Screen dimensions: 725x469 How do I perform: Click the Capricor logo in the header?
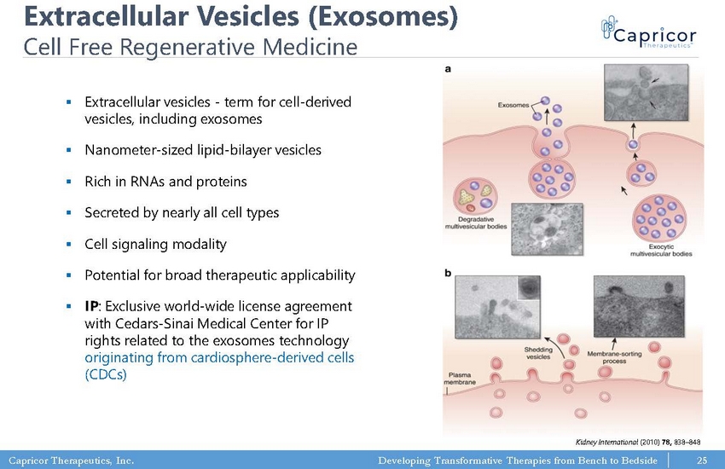click(648, 32)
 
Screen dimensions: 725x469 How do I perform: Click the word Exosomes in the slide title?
click(383, 16)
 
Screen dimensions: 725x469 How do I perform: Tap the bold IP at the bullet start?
click(91, 306)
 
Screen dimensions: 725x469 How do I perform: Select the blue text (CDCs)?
click(106, 374)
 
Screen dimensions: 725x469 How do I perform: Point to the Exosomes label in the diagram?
click(513, 105)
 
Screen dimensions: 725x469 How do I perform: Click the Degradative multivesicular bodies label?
click(476, 223)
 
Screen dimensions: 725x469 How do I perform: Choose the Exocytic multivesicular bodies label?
click(661, 250)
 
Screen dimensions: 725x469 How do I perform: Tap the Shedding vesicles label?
click(538, 353)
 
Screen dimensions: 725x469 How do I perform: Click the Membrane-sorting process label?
click(614, 357)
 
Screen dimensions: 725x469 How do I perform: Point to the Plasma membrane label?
click(460, 379)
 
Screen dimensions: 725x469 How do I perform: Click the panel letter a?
click(448, 69)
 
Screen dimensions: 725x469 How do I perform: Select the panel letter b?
click(448, 273)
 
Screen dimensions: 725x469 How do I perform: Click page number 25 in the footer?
click(702, 460)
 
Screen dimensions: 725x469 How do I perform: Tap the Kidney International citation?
click(638, 443)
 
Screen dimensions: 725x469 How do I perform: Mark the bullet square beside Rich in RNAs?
click(69, 182)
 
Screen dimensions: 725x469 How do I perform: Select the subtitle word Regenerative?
click(187, 47)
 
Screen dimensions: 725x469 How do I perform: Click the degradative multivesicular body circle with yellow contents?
click(475, 196)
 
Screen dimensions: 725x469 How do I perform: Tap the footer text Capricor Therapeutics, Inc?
click(71, 460)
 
